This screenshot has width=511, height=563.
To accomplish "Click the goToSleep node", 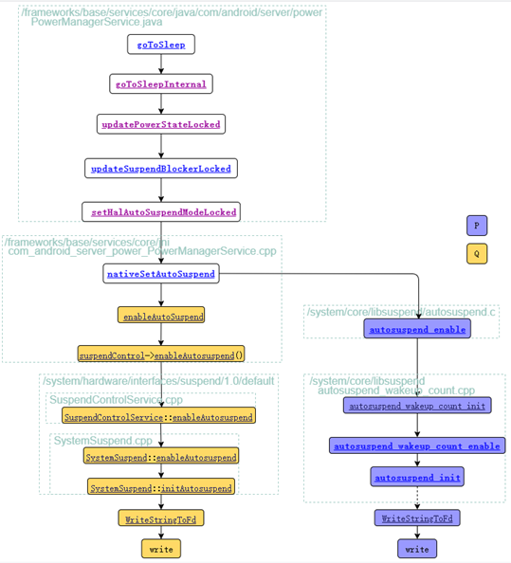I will click(x=161, y=45).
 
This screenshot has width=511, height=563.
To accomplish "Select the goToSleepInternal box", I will click(x=161, y=84).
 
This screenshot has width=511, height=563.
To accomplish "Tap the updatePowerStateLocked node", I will click(x=161, y=124).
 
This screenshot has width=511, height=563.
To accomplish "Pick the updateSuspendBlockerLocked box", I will click(x=160, y=169).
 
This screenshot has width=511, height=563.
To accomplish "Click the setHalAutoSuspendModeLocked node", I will click(x=161, y=211).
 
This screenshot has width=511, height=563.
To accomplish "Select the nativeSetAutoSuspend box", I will click(x=161, y=274).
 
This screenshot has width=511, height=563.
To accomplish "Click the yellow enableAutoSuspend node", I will click(x=161, y=315).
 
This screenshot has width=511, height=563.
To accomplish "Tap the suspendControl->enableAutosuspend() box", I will click(x=161, y=354).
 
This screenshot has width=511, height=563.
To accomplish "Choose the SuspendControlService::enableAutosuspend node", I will click(x=159, y=416).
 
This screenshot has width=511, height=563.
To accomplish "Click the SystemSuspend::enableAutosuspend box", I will click(x=161, y=457).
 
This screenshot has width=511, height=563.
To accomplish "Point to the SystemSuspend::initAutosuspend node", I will click(x=161, y=487).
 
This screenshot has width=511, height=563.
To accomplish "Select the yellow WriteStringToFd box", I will click(x=161, y=518).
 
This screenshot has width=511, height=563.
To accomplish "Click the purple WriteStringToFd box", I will click(x=417, y=518).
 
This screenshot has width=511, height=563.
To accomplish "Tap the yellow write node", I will click(x=161, y=549).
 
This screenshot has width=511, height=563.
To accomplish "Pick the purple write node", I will click(x=417, y=549).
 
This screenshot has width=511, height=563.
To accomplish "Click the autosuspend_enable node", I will click(x=417, y=329).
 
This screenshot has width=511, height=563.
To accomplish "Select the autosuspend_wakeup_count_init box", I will click(x=417, y=406).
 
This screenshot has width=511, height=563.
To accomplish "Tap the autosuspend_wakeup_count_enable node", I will click(x=417, y=445).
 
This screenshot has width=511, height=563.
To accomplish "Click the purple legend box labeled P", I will click(x=477, y=226).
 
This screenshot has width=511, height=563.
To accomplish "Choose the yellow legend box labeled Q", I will click(x=477, y=254).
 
